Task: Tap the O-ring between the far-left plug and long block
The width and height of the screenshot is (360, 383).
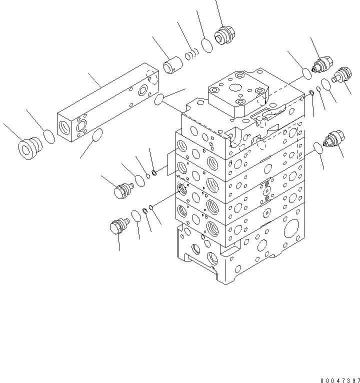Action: coord(49,136)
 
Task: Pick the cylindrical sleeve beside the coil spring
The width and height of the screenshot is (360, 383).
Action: coord(173,66)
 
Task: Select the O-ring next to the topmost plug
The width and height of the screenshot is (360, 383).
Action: coord(207,45)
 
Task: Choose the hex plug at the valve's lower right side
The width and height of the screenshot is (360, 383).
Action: coord(333,139)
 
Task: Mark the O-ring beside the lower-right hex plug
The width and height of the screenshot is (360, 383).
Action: coord(316,147)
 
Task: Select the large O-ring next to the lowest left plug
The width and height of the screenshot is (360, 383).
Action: coord(135,216)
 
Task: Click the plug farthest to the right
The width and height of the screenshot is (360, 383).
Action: coord(343,75)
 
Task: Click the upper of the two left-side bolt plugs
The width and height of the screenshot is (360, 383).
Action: coord(123,190)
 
